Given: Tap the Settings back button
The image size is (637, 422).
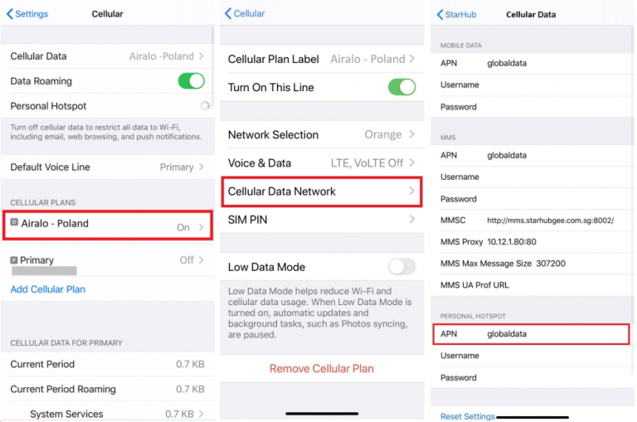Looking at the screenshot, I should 27,14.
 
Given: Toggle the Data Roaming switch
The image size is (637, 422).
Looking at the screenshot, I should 191,81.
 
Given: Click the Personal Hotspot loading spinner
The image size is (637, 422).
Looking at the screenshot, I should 204,106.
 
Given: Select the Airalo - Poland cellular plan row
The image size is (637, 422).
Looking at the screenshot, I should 108,225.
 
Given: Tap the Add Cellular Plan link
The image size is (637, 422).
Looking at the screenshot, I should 47,289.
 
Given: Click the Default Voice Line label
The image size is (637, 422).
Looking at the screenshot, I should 50,167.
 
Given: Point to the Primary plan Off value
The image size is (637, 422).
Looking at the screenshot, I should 187,260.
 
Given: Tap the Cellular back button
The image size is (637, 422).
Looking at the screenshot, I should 245,13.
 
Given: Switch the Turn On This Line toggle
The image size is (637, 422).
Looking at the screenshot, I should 401,87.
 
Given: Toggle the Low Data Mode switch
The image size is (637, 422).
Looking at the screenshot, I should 401,266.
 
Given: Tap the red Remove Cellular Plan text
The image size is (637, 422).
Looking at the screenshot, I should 321,368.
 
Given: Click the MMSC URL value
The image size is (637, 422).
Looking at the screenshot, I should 550,221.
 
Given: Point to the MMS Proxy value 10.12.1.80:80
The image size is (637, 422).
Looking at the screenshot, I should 512,242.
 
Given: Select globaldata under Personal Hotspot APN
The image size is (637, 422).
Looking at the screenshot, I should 507,334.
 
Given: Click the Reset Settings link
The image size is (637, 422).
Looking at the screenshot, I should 467,416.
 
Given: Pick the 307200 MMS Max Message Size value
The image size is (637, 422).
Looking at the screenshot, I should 551,264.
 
